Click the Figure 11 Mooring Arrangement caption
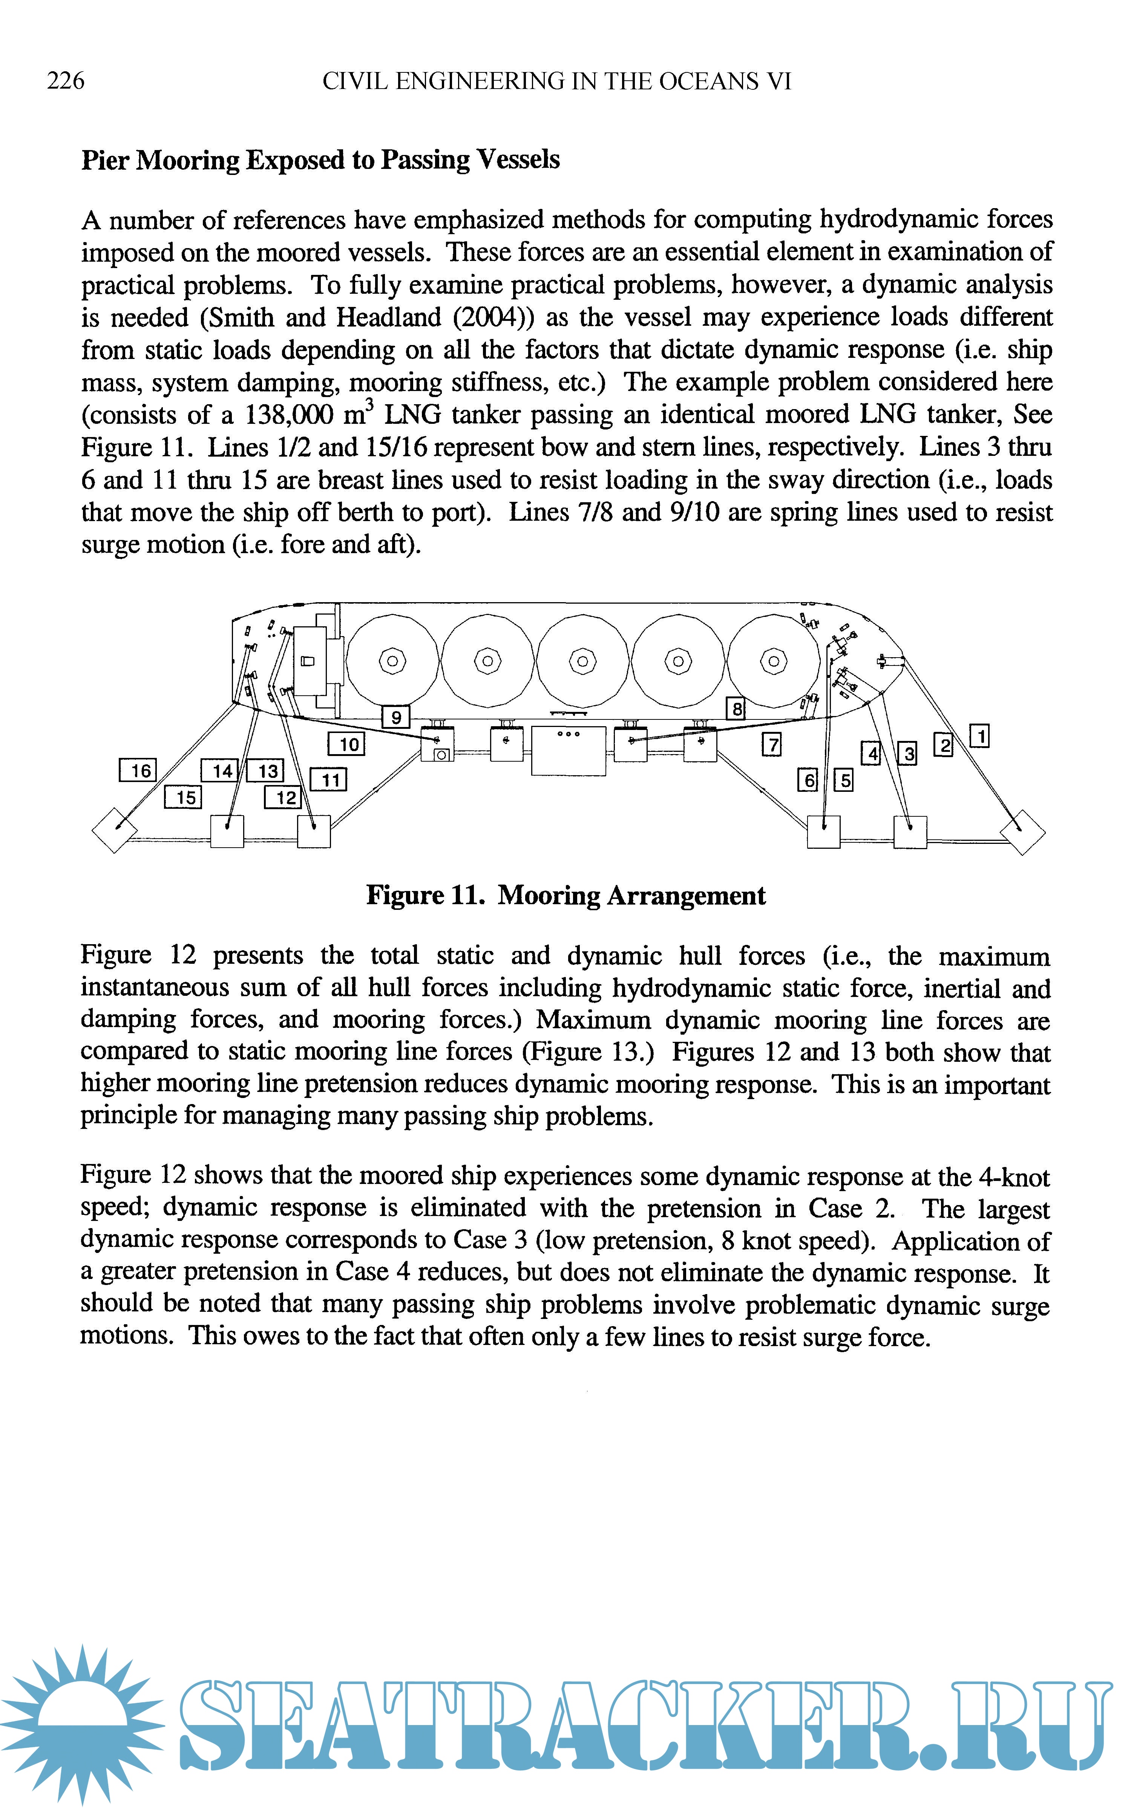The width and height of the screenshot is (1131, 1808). point(565,896)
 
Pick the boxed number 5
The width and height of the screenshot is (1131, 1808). point(844,780)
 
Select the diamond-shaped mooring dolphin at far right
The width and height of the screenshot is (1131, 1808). point(1022,830)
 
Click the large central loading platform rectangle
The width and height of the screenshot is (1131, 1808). point(569,750)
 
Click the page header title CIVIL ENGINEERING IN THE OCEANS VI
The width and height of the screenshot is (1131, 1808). point(556,81)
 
